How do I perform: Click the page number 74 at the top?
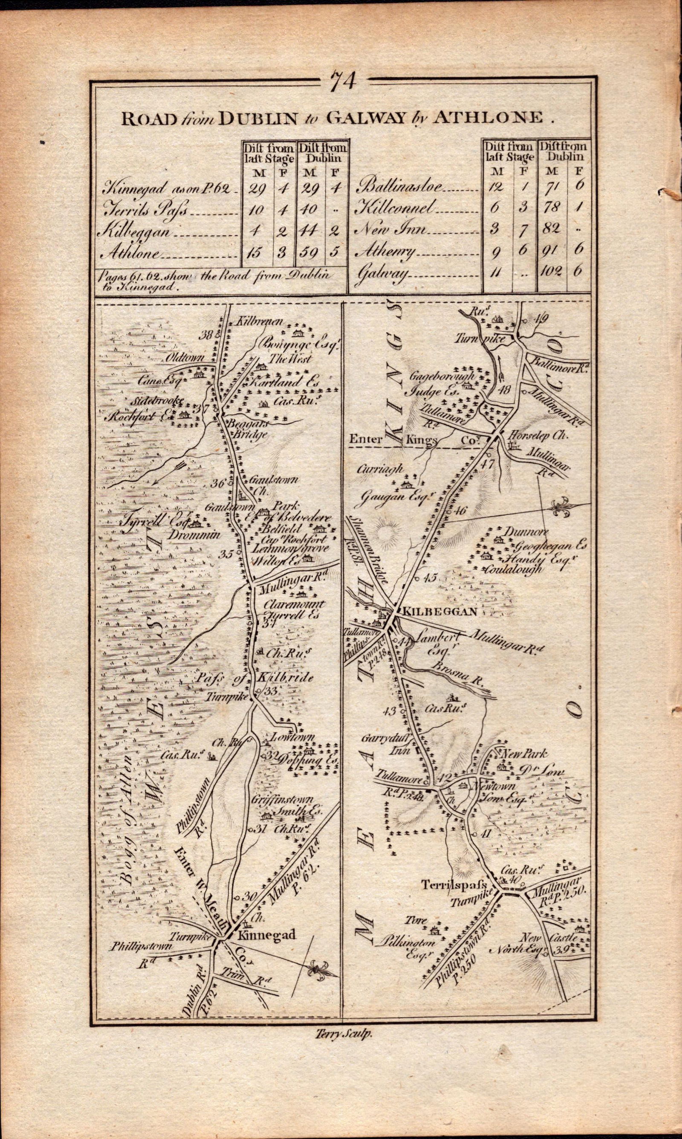pos(344,81)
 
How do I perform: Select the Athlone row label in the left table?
pos(133,253)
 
